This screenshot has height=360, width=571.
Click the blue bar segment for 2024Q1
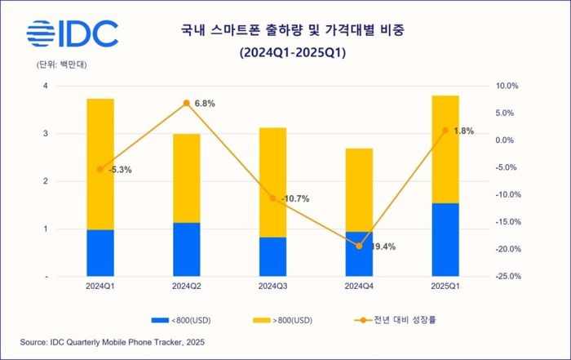click(100, 253)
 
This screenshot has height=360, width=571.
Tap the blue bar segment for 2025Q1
click(445, 240)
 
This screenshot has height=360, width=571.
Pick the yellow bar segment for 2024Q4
click(359, 190)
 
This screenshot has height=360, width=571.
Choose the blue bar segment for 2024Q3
click(272, 257)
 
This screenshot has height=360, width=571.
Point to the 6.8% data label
click(205, 103)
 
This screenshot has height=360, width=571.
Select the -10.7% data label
click(294, 198)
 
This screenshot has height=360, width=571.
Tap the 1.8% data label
click(463, 131)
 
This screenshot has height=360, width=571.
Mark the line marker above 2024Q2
click(186, 103)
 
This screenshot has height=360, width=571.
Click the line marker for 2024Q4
click(359, 246)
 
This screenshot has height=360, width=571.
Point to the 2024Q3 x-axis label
click(272, 286)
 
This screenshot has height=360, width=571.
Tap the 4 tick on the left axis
click(46, 86)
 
